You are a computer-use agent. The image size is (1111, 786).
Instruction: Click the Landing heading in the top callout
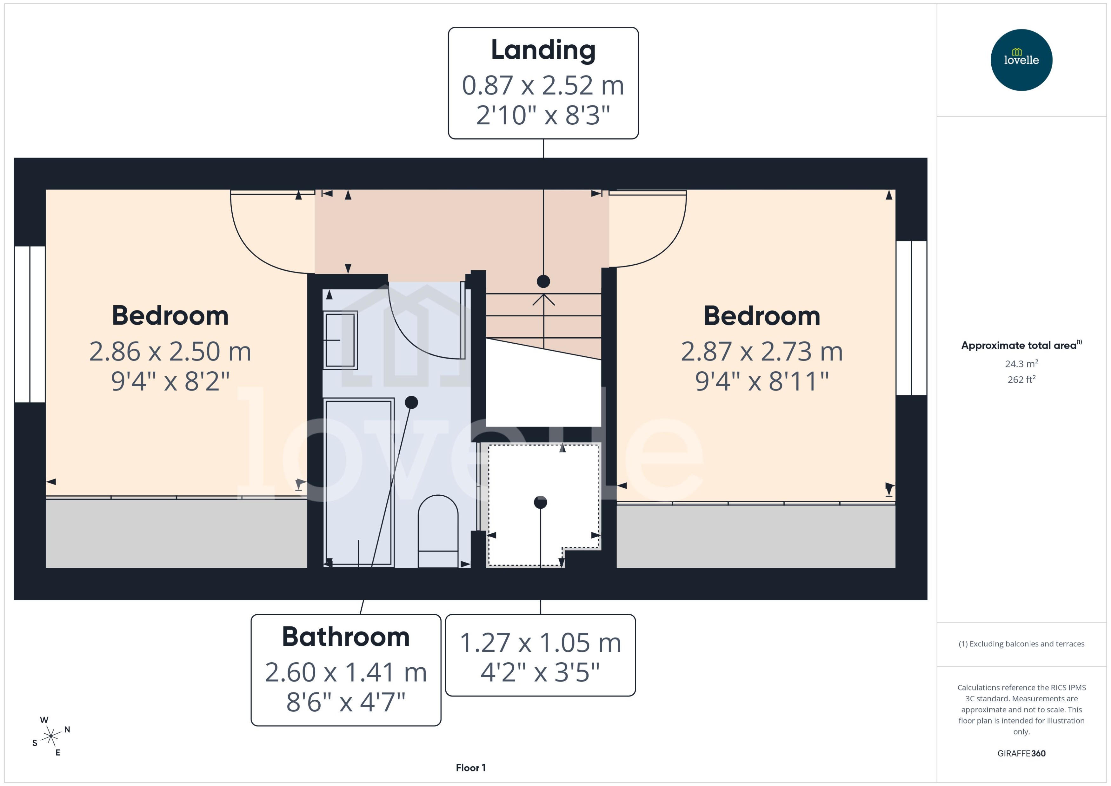(543, 50)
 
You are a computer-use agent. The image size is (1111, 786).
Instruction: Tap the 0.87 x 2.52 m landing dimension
(543, 86)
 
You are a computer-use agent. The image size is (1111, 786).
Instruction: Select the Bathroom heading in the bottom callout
(346, 637)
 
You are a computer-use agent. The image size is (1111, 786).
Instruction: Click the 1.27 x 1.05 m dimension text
(540, 643)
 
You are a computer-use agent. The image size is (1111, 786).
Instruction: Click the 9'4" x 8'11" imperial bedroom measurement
(762, 381)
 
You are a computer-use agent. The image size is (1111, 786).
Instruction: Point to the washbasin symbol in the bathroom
(340, 340)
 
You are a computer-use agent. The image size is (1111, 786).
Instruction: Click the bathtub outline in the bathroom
(358, 482)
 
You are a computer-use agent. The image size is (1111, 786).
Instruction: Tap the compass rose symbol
(51, 736)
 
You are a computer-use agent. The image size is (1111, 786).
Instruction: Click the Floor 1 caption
(470, 768)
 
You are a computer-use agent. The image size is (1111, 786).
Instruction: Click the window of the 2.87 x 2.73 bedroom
(911, 318)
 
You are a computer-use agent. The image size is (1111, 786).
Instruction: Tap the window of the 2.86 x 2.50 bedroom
(30, 324)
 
